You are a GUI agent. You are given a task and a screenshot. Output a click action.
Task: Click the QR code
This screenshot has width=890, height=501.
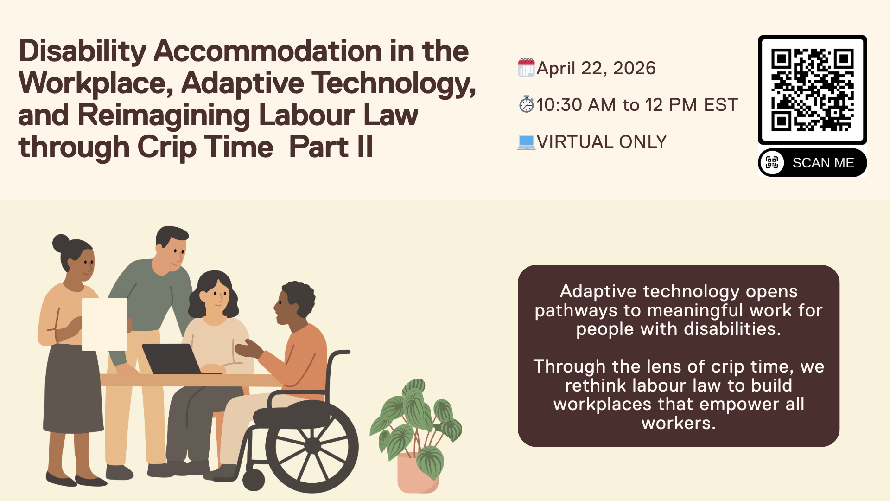click(x=812, y=90)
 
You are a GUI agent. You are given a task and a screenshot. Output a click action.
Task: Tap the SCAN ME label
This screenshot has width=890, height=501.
click(x=823, y=163)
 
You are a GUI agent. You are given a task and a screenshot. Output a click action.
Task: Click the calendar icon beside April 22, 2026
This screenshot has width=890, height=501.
click(x=526, y=68)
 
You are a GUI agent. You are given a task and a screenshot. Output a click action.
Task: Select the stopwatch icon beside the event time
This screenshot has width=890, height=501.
click(x=527, y=104)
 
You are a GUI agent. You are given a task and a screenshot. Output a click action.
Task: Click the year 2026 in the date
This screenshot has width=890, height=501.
click(x=634, y=68)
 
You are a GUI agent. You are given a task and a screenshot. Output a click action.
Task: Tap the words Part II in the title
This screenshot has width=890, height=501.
click(x=331, y=147)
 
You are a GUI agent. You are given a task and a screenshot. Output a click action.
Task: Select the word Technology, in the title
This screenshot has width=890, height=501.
click(x=394, y=84)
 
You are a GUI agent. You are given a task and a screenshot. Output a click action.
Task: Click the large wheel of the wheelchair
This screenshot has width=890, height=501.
click(x=312, y=446)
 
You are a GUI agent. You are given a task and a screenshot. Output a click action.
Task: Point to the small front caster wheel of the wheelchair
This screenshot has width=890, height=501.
click(x=254, y=480)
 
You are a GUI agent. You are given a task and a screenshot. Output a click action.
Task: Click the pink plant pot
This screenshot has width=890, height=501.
click(x=417, y=473)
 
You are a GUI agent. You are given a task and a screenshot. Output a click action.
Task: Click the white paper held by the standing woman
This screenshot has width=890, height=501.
click(x=104, y=324)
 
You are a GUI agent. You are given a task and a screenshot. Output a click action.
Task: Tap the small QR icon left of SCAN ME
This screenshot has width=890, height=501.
click(x=772, y=163)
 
